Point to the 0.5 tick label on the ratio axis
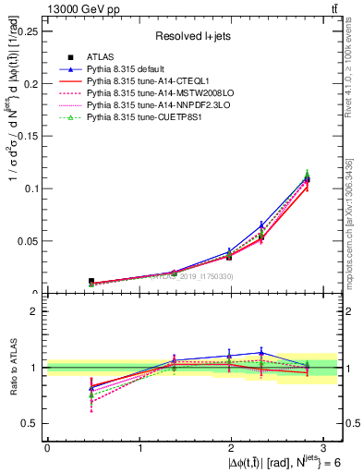pos(33,424)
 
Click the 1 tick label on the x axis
pos(139,448)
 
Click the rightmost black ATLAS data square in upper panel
pos(307,179)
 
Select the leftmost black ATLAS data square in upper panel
pos(65,281)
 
